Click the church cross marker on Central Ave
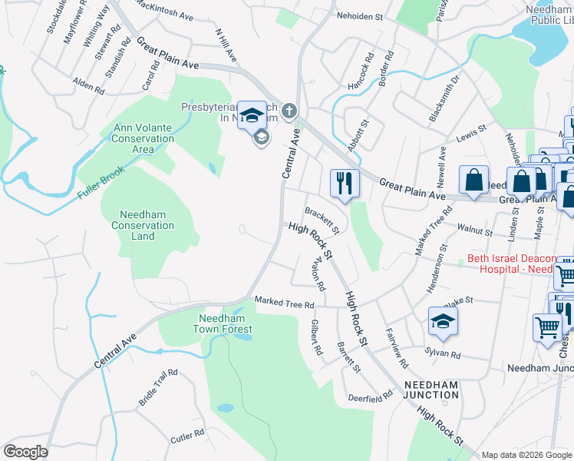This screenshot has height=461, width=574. [x=289, y=111]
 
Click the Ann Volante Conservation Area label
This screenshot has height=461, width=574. [x=143, y=138]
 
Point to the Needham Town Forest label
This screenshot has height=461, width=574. [x=225, y=323]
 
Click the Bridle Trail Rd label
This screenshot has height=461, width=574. [x=158, y=387]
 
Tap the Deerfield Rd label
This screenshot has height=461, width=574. [x=370, y=395]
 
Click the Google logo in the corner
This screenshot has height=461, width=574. [x=25, y=452]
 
